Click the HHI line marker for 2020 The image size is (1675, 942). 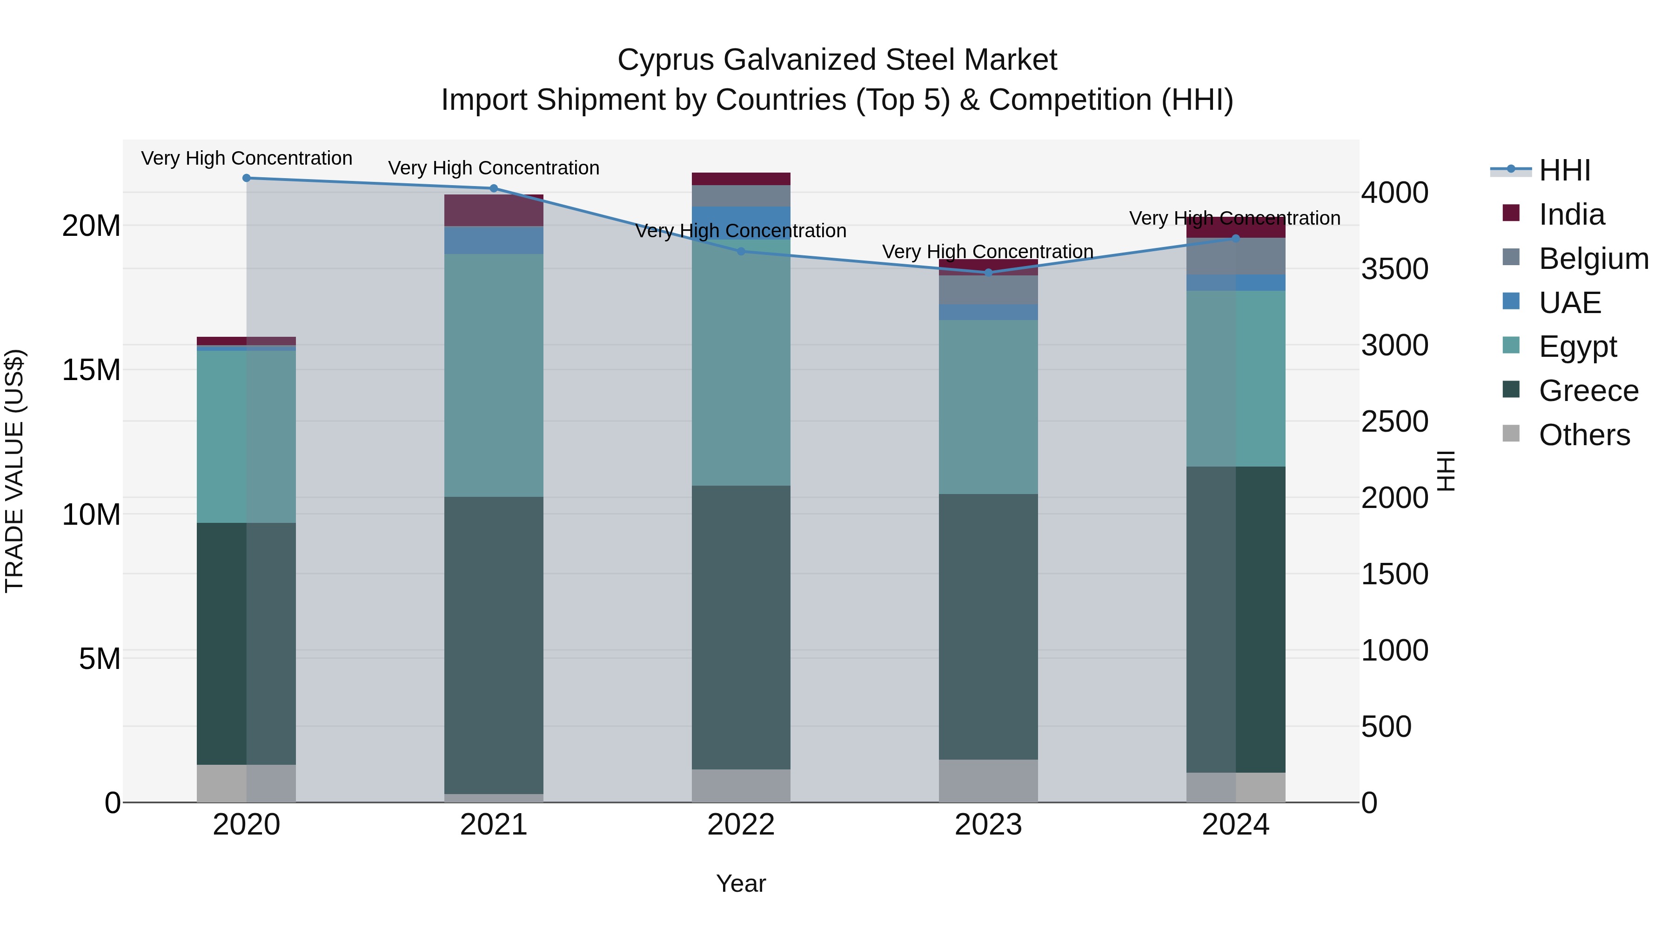(x=247, y=178)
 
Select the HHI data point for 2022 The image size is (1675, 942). (x=741, y=251)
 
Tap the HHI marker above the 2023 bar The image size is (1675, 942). (x=988, y=273)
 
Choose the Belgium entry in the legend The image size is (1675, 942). (x=1593, y=259)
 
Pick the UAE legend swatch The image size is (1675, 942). (x=1511, y=301)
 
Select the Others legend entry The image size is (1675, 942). (x=1584, y=435)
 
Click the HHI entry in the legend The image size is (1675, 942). (x=1564, y=170)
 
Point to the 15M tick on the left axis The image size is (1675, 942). (x=91, y=370)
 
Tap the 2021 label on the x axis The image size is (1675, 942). (x=494, y=825)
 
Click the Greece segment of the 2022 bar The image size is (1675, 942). (x=741, y=628)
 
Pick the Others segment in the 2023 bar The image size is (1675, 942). (x=988, y=780)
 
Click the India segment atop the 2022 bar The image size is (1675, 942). (x=741, y=179)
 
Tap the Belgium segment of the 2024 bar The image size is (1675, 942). (x=1235, y=256)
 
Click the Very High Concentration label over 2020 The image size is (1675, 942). (x=247, y=158)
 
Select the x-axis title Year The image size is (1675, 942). (x=741, y=883)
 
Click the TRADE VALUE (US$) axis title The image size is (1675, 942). (x=14, y=471)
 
